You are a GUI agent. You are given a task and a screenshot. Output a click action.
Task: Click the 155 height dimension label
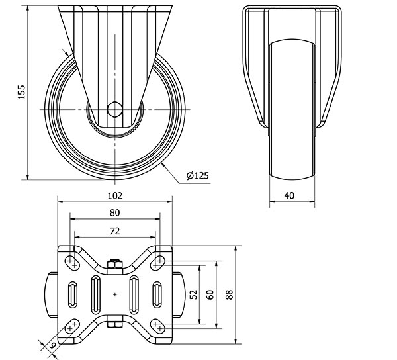pos(22,92)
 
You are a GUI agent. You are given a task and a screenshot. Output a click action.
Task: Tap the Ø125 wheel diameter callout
pos(198,175)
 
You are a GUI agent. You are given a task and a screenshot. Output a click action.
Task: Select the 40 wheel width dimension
pos(289,195)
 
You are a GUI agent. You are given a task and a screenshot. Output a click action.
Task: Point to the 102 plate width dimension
pos(115,196)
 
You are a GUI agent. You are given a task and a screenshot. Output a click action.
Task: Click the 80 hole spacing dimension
pos(114,213)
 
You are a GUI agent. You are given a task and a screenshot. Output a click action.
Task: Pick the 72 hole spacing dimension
pos(114,231)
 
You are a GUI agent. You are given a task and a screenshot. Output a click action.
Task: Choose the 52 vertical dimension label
pos(194,294)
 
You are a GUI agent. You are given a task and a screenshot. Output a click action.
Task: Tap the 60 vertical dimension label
pos(210,294)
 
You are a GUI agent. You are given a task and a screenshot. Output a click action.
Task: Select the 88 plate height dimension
pos(229,294)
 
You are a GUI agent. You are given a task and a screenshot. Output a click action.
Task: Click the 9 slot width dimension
pos(52,345)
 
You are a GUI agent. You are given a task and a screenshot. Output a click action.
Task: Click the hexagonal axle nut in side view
pos(114,109)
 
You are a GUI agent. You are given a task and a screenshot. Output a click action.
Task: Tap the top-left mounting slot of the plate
pos(72,263)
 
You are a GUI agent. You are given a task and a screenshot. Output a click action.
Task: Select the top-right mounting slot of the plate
pos(157,263)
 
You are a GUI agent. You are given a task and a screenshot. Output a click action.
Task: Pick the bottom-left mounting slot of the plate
pos(72,326)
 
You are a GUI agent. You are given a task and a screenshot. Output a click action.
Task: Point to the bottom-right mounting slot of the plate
pos(157,326)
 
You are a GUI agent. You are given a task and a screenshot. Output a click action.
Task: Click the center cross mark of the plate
pos(115,294)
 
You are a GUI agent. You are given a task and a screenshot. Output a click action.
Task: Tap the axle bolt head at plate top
pos(115,264)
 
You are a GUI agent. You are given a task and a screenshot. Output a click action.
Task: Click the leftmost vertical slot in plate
pos(73,294)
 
